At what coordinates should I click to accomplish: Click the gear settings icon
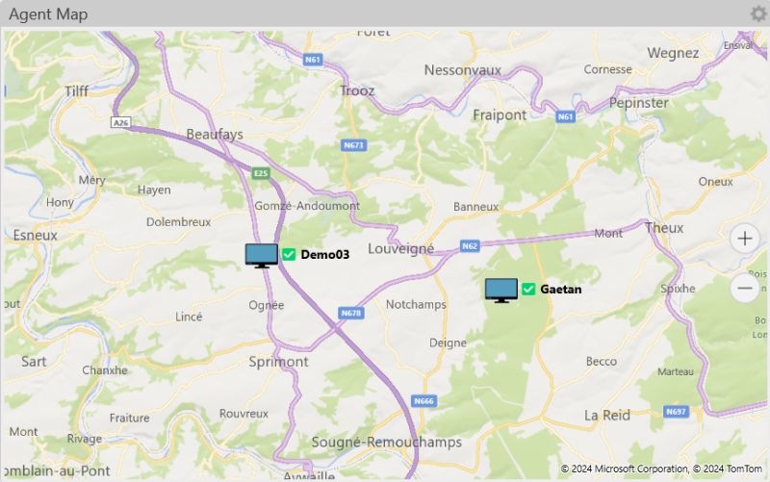pos(758,13)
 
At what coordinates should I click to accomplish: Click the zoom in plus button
pos(744,239)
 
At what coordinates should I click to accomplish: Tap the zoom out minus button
pos(744,288)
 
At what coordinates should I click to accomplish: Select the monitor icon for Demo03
pos(261,255)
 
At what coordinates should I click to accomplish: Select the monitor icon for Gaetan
pos(500,290)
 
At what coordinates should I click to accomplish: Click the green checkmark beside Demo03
pos(289,255)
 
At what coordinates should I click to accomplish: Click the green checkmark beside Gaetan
pos(528,289)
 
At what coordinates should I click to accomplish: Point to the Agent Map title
pos(48,13)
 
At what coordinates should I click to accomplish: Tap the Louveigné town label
pos(400,248)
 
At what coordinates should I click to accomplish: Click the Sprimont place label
pos(278,362)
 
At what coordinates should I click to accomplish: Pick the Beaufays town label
pos(216,134)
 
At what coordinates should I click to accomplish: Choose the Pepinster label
pos(639,102)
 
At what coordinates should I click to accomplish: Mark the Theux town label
pos(664,228)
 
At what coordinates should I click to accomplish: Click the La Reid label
pos(607,415)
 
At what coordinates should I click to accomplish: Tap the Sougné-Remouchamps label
pos(386,443)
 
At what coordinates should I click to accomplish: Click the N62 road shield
pos(470,246)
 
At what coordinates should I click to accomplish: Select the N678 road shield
pos(351,313)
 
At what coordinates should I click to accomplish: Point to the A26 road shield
pos(120,123)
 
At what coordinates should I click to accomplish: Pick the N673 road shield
pos(354,145)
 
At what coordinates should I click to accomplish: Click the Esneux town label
pos(36,235)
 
